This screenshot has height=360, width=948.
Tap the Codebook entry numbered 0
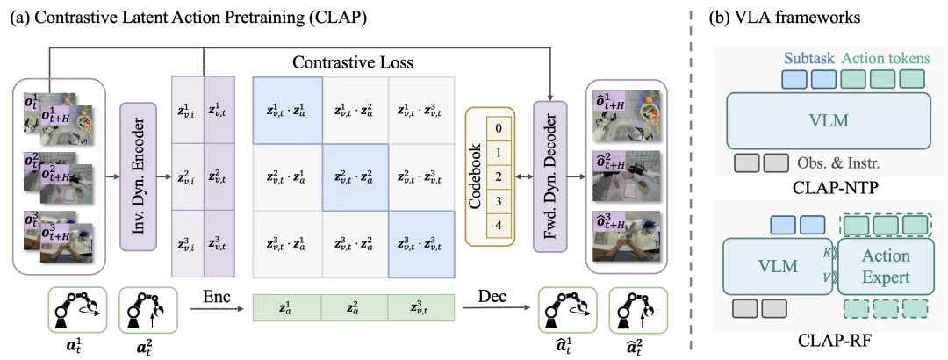point(498,128)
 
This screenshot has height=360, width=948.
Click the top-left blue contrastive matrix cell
point(287,110)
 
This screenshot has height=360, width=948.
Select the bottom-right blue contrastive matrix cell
point(422,244)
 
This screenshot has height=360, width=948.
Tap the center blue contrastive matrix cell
point(355,177)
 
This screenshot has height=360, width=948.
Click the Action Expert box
point(886,266)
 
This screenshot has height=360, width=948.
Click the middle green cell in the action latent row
point(355,308)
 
